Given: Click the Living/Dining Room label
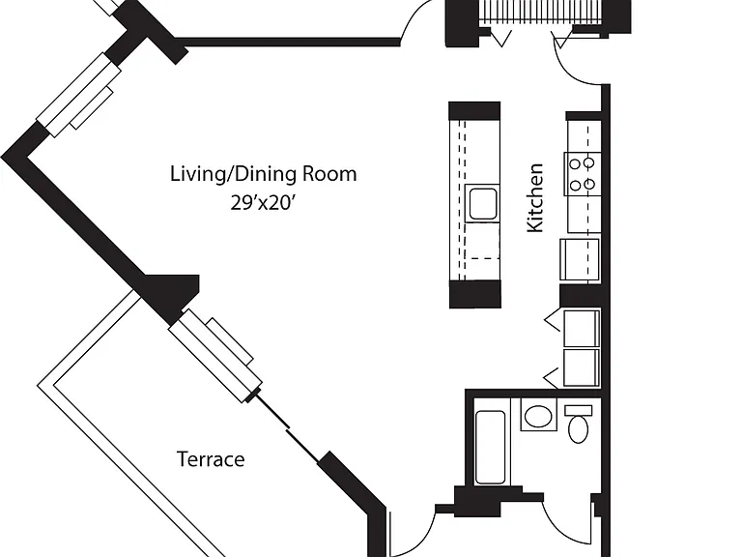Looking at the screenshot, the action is tap(263, 174).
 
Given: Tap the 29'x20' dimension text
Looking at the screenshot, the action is tap(263, 203).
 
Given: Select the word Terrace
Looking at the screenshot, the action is tap(211, 459).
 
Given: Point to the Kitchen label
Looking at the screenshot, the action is tap(535, 198).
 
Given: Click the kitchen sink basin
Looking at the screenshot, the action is tap(483, 203).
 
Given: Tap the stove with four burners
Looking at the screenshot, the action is tap(583, 174).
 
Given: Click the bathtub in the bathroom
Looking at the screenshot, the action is tap(490, 447).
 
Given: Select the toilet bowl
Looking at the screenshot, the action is tap(578, 429).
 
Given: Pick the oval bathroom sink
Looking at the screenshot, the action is tap(538, 417).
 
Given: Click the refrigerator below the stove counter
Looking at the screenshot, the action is tap(580, 259).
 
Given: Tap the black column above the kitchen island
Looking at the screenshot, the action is tap(474, 110).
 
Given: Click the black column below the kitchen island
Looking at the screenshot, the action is tap(474, 294).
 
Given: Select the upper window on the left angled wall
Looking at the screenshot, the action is tap(79, 95).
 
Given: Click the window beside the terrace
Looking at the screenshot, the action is tap(215, 356).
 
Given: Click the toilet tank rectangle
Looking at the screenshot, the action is tap(579, 411).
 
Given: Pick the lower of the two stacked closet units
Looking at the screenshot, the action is tap(582, 367).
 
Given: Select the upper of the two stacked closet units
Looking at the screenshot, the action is tap(582, 329).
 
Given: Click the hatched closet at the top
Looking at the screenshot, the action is tap(539, 12).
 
